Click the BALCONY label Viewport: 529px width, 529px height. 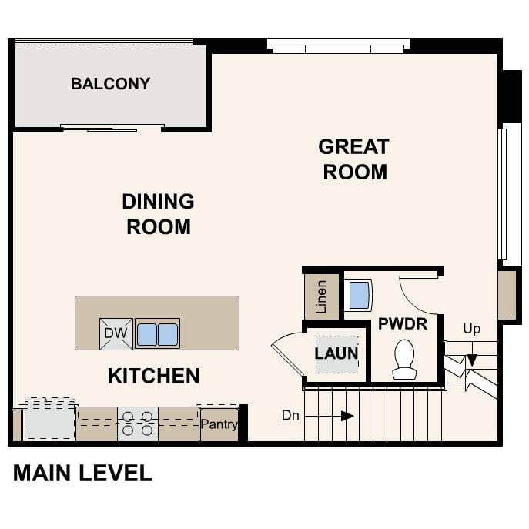pos(110,84)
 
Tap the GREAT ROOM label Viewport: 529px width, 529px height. pos(354,159)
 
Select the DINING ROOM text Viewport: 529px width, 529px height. pos(158,214)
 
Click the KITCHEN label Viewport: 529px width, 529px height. pos(153,376)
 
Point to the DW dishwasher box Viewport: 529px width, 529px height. pos(116,333)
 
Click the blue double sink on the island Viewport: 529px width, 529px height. pos(157,334)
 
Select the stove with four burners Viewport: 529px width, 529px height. pos(137,424)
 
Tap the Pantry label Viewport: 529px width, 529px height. pos(219,424)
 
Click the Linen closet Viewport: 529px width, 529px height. pos(322,296)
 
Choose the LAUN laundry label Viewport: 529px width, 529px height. pos(336,353)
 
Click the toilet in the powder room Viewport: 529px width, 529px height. pos(404,360)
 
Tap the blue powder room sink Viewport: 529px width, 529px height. pos(359,295)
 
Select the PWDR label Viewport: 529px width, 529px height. pos(402,324)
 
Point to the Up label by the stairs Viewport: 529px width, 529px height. pos(471,329)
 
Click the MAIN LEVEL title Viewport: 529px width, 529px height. pos(82,473)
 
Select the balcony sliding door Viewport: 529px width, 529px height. pos(112,128)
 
